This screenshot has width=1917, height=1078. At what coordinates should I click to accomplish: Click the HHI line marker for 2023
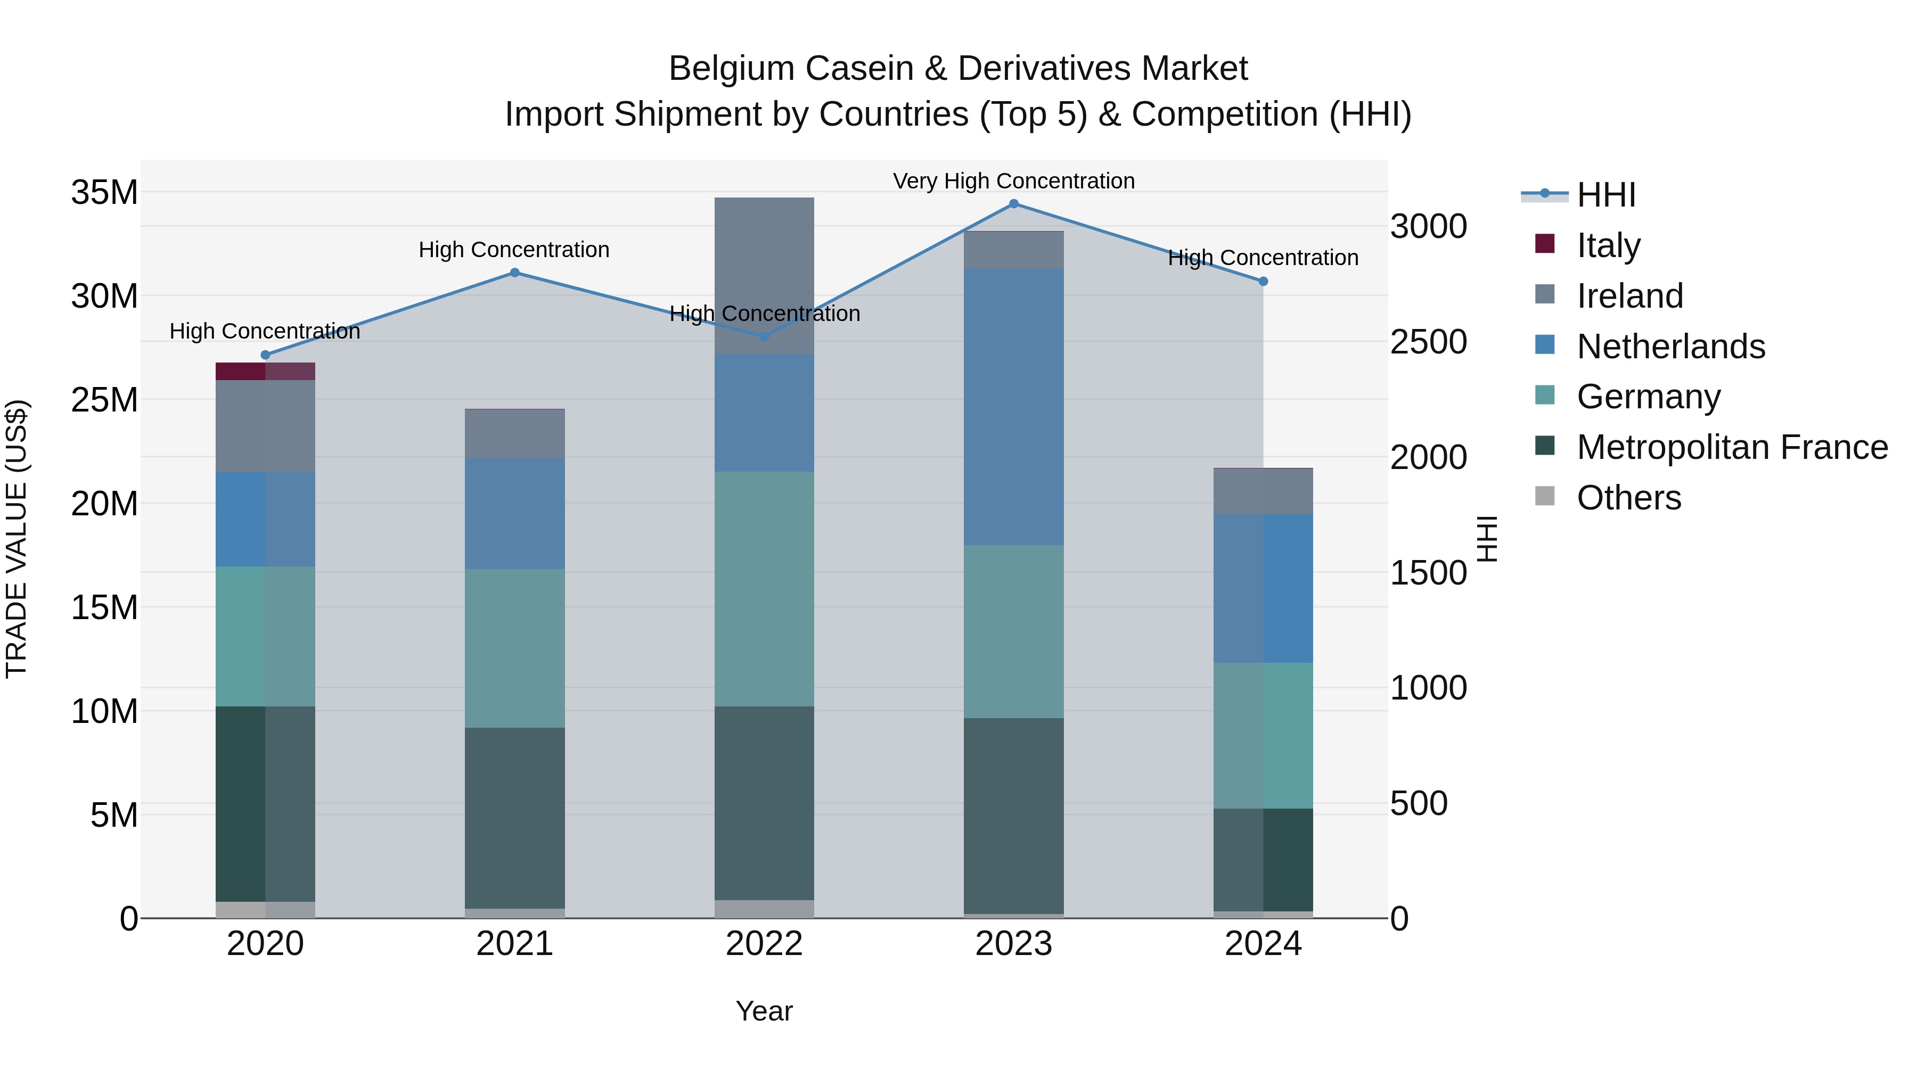pos(1013,204)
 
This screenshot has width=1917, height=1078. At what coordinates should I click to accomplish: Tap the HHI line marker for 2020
pos(266,355)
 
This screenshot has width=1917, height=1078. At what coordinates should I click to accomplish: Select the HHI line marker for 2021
pos(514,272)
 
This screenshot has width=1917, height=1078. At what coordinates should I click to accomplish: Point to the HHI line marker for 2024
pos(1263,281)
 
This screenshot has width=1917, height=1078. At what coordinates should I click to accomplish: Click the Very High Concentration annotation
pos(1013,181)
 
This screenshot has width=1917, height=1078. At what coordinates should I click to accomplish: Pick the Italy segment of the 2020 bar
pos(266,371)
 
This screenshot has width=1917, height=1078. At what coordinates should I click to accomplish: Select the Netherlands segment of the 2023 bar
pos(1013,407)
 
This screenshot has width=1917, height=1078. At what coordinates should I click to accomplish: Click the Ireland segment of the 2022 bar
pos(764,276)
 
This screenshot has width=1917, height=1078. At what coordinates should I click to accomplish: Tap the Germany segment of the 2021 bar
pos(514,648)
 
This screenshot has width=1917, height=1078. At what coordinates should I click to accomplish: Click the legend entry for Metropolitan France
pos(1732,447)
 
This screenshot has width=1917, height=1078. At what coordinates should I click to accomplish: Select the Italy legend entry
pos(1608,245)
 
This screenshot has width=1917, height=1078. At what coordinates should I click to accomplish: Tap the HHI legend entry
pos(1605,195)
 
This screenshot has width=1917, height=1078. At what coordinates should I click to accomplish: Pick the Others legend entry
pos(1628,498)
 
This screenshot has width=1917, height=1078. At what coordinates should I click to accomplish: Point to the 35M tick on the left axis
pos(104,193)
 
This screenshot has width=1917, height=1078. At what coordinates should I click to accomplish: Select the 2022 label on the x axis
pos(764,944)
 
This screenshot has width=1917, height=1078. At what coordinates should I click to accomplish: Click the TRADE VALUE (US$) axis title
pos(17,539)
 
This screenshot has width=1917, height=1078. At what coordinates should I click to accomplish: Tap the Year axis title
pos(764,1011)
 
